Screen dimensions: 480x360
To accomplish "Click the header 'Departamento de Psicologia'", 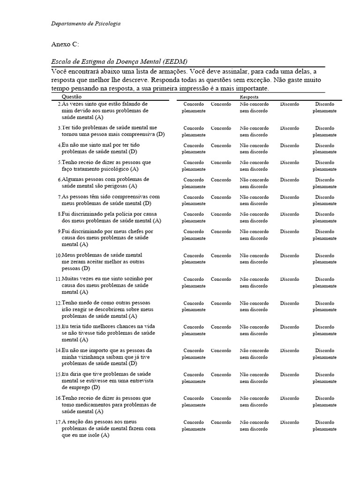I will [85, 23].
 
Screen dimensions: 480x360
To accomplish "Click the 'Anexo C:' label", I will [65, 45].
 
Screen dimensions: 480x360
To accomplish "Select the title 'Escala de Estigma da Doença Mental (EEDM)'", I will [120, 62].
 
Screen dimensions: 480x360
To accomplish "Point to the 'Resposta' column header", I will [249, 96].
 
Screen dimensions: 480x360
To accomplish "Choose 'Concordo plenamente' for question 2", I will [194, 107].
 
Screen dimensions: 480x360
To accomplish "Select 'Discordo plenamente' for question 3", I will [324, 131].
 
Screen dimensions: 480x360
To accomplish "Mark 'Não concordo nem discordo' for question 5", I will [254, 165].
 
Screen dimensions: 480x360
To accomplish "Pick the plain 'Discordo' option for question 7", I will [290, 197].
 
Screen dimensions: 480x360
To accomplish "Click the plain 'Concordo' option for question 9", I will [221, 232].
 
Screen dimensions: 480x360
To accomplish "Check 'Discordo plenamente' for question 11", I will [324, 282].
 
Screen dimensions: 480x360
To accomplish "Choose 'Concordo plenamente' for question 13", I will [194, 330].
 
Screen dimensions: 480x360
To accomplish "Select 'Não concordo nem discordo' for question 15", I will [254, 378].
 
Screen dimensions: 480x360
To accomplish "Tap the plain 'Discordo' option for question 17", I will [290, 422].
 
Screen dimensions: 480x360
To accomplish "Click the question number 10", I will [58, 256].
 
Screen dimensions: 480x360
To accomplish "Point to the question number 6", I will [60, 180].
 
